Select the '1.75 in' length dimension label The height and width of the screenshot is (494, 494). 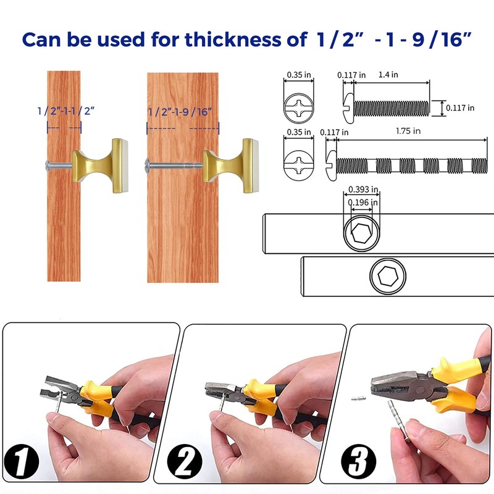(408, 131)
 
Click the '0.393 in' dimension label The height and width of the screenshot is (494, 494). (362, 190)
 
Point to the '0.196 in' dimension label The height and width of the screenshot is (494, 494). (362, 202)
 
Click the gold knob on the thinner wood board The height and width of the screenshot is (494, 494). (99, 163)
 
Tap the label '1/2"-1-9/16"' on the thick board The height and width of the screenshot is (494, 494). (180, 112)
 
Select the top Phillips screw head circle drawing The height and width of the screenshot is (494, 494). (299, 103)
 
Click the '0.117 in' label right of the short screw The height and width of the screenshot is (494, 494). (459, 108)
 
